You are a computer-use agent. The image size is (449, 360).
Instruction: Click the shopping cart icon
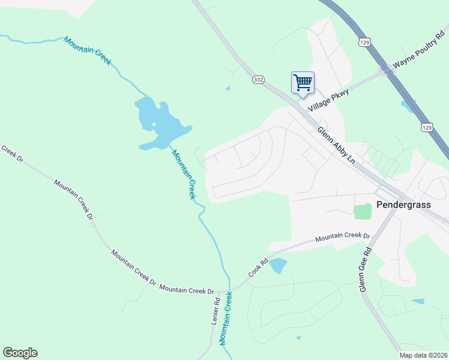point(303,82)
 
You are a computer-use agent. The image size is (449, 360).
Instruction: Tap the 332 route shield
point(258,79)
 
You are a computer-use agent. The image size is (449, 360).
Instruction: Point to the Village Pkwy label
point(328,99)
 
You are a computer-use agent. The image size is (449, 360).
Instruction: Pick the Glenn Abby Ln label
point(336,145)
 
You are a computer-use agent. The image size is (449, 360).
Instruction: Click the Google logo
point(20,353)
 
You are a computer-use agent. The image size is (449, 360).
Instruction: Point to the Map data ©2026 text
point(423,355)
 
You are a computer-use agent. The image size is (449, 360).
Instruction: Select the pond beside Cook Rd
point(278,265)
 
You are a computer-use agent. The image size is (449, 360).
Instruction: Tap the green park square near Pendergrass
point(363,211)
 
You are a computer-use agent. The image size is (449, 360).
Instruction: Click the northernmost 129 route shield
point(364,42)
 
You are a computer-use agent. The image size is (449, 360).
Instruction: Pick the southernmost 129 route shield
point(426,127)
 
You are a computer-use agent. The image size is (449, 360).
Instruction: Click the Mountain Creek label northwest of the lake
point(88,51)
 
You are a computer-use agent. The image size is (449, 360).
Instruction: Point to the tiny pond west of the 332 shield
point(228,89)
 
